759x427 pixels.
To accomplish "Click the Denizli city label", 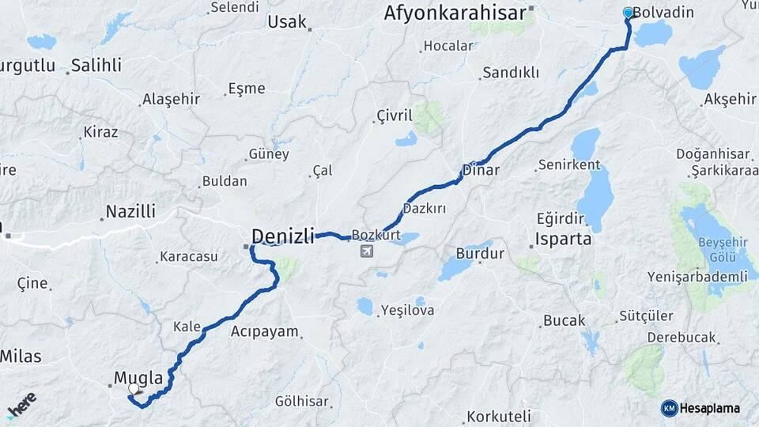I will pyautogui.click(x=282, y=235).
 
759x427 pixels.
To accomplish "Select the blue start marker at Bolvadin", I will pyautogui.click(x=629, y=13).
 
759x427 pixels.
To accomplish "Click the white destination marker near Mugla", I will pyautogui.click(x=134, y=389).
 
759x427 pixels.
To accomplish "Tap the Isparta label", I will pyautogui.click(x=563, y=239).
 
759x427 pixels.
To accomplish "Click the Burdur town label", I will pyautogui.click(x=480, y=254).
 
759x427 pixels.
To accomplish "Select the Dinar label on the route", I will pyautogui.click(x=481, y=170).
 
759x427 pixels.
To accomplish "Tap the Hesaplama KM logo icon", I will pyautogui.click(x=670, y=408).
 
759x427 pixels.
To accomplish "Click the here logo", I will pyautogui.click(x=21, y=405).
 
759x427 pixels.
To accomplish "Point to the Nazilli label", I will pyautogui.click(x=131, y=211).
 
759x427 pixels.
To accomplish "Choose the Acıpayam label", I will pyautogui.click(x=265, y=332).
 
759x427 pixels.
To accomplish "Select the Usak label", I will pyautogui.click(x=287, y=21).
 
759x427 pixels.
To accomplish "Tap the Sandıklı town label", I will pyautogui.click(x=511, y=73).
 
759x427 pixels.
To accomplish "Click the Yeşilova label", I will pyautogui.click(x=407, y=311).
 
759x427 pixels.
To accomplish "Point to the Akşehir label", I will pyautogui.click(x=729, y=99).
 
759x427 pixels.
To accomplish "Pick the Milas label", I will pyautogui.click(x=20, y=356).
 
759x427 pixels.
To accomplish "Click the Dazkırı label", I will pyautogui.click(x=425, y=208).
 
